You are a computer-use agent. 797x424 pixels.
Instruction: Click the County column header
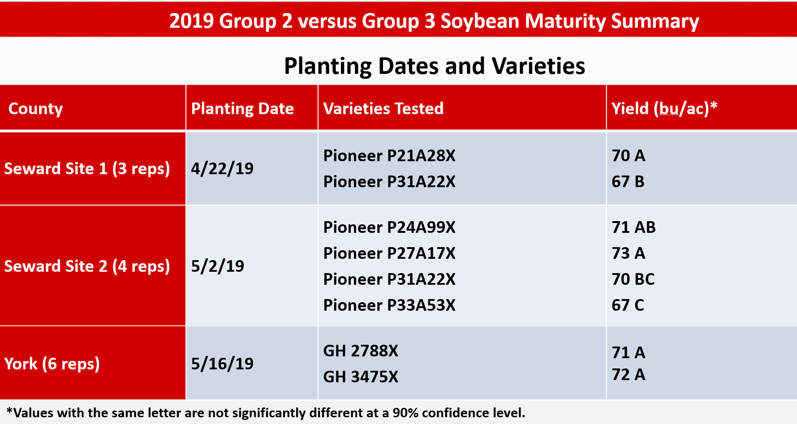[35, 109]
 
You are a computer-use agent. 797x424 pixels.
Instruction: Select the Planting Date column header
[242, 109]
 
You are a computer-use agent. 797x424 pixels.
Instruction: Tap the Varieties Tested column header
[383, 109]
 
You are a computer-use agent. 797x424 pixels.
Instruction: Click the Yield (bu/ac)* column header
[664, 109]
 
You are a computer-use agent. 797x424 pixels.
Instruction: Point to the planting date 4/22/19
[222, 169]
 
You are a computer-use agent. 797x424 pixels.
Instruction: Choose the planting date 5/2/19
[218, 266]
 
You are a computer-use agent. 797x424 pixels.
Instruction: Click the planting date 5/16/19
[222, 364]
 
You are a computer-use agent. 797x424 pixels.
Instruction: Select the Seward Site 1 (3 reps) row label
[87, 169]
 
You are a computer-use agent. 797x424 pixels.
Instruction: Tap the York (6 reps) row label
[52, 364]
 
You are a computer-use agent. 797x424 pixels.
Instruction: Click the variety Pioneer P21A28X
[389, 156]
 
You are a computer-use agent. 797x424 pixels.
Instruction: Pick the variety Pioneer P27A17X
[389, 253]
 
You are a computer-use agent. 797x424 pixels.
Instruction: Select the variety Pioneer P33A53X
[389, 305]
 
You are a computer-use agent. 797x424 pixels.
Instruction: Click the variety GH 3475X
[361, 377]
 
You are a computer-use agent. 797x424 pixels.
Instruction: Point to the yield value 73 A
[628, 253]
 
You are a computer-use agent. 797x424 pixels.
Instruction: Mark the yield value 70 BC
[633, 279]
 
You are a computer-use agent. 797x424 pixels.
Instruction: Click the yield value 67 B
[628, 182]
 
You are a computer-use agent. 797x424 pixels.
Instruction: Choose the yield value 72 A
[628, 375]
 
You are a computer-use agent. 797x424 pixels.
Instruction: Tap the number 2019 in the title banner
[191, 21]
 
